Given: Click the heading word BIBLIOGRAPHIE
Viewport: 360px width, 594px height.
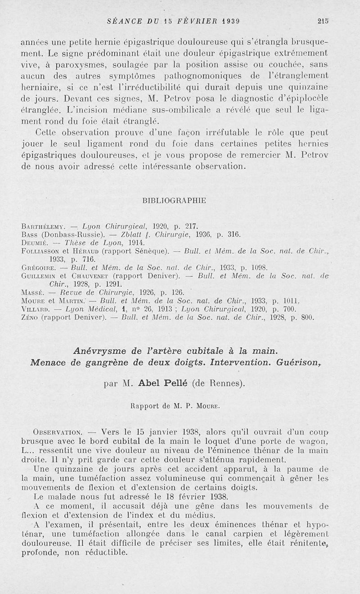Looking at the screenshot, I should tap(174, 201).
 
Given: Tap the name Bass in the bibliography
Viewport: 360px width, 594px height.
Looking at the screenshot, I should tap(29, 234).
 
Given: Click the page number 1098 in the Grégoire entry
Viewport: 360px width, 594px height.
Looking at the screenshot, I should tap(258, 267).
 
